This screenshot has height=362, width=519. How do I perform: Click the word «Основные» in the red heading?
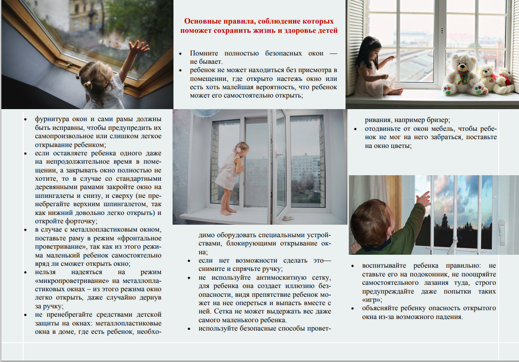pyautogui.click(x=201, y=21)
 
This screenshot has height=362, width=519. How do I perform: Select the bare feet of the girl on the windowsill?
pyautogui.click(x=226, y=212)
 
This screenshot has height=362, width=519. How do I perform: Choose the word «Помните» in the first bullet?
pyautogui.click(x=207, y=54)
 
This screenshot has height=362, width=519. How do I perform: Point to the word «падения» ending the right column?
pyautogui.click(x=448, y=317)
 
